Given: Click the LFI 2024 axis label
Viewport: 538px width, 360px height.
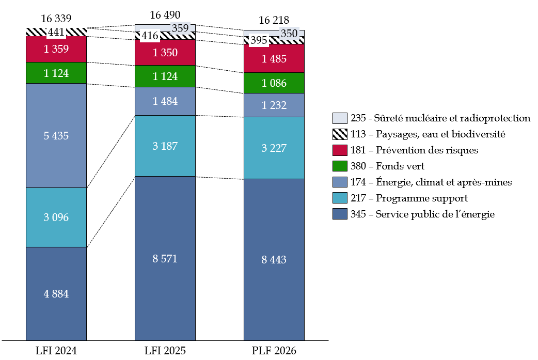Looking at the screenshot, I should click(x=56, y=351).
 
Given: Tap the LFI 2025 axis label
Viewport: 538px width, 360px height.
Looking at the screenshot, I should click(x=165, y=351).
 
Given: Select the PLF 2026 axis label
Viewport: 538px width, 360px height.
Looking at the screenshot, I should click(x=274, y=351).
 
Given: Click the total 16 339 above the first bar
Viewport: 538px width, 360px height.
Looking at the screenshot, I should click(x=56, y=19).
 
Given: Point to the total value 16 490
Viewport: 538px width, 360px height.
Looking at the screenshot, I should click(x=165, y=15).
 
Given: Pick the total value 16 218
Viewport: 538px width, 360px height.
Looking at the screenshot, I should click(x=274, y=20).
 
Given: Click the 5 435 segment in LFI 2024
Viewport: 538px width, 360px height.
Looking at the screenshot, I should click(x=56, y=136).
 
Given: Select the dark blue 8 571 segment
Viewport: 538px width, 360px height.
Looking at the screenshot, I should click(x=165, y=258).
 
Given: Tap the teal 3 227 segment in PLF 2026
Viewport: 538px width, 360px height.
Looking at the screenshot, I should click(x=274, y=148).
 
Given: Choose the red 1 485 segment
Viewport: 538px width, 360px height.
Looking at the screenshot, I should click(x=274, y=59).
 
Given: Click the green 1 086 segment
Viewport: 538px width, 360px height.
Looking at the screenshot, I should click(x=274, y=83).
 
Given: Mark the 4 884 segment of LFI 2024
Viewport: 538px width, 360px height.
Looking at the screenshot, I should click(x=56, y=294).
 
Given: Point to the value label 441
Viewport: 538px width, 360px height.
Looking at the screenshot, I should click(x=56, y=33).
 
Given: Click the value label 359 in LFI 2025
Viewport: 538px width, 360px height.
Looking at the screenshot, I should click(x=180, y=28).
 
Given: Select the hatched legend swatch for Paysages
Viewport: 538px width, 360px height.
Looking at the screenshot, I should click(x=340, y=134).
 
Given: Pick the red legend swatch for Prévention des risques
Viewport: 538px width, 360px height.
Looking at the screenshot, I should click(x=340, y=150).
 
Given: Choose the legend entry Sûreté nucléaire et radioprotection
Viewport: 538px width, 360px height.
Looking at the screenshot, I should click(x=440, y=118).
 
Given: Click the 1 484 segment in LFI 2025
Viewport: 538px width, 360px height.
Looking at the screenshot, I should click(x=165, y=101).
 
